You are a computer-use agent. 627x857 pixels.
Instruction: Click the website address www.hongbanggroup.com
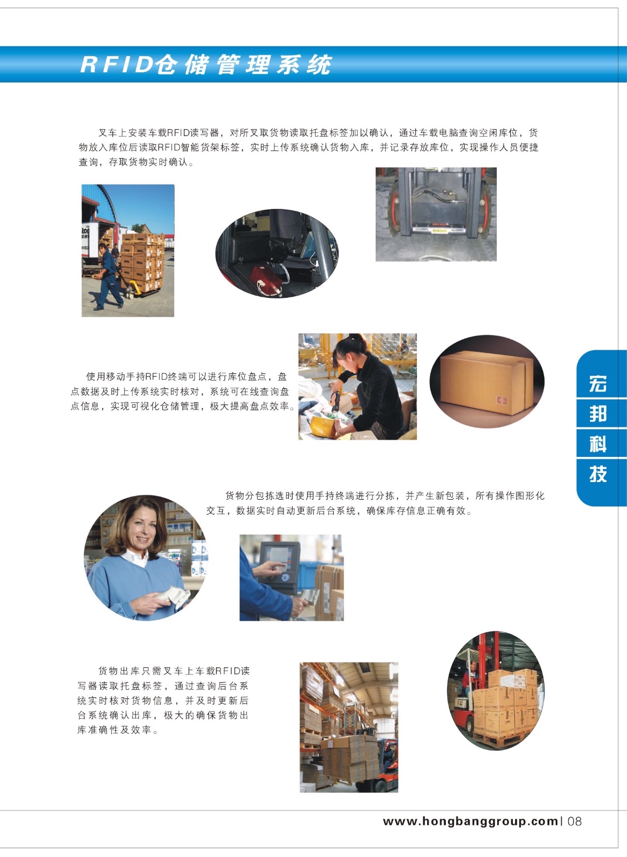(x=471, y=822)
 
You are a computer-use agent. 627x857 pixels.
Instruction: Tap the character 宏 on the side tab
(x=598, y=384)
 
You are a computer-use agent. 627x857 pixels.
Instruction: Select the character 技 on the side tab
(x=598, y=474)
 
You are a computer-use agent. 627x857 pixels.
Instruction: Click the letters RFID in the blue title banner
(x=117, y=64)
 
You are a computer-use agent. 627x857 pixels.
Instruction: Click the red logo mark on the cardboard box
(x=502, y=401)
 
